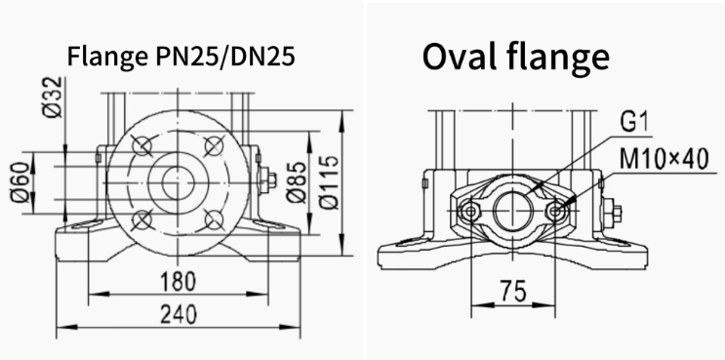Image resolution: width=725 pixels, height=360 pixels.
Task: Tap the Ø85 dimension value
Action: pyautogui.click(x=297, y=182)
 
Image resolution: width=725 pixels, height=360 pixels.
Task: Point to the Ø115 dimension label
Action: pyautogui.click(x=330, y=182)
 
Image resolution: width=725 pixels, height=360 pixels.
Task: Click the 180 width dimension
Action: pyautogui.click(x=178, y=281)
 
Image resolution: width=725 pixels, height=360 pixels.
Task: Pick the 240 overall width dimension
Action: pyautogui.click(x=178, y=315)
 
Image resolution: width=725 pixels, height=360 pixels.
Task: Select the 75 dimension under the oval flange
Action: pyautogui.click(x=513, y=292)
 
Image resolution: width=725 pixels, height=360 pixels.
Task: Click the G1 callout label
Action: pyautogui.click(x=634, y=123)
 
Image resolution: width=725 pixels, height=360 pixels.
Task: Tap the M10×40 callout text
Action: pyautogui.click(x=664, y=159)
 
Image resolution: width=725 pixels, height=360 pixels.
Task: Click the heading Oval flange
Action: pyautogui.click(x=516, y=57)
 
